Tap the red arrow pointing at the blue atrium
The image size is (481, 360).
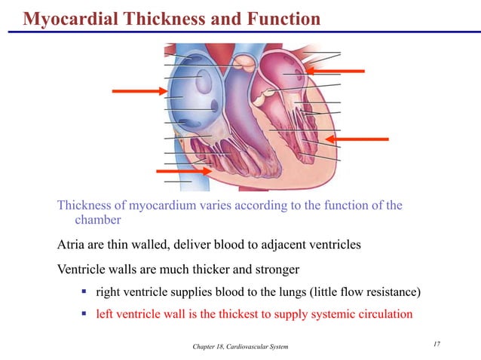coord(139,92)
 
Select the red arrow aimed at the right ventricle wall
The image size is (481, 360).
coord(184,172)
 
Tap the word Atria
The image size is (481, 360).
coord(72,245)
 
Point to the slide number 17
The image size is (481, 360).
coord(437,344)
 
